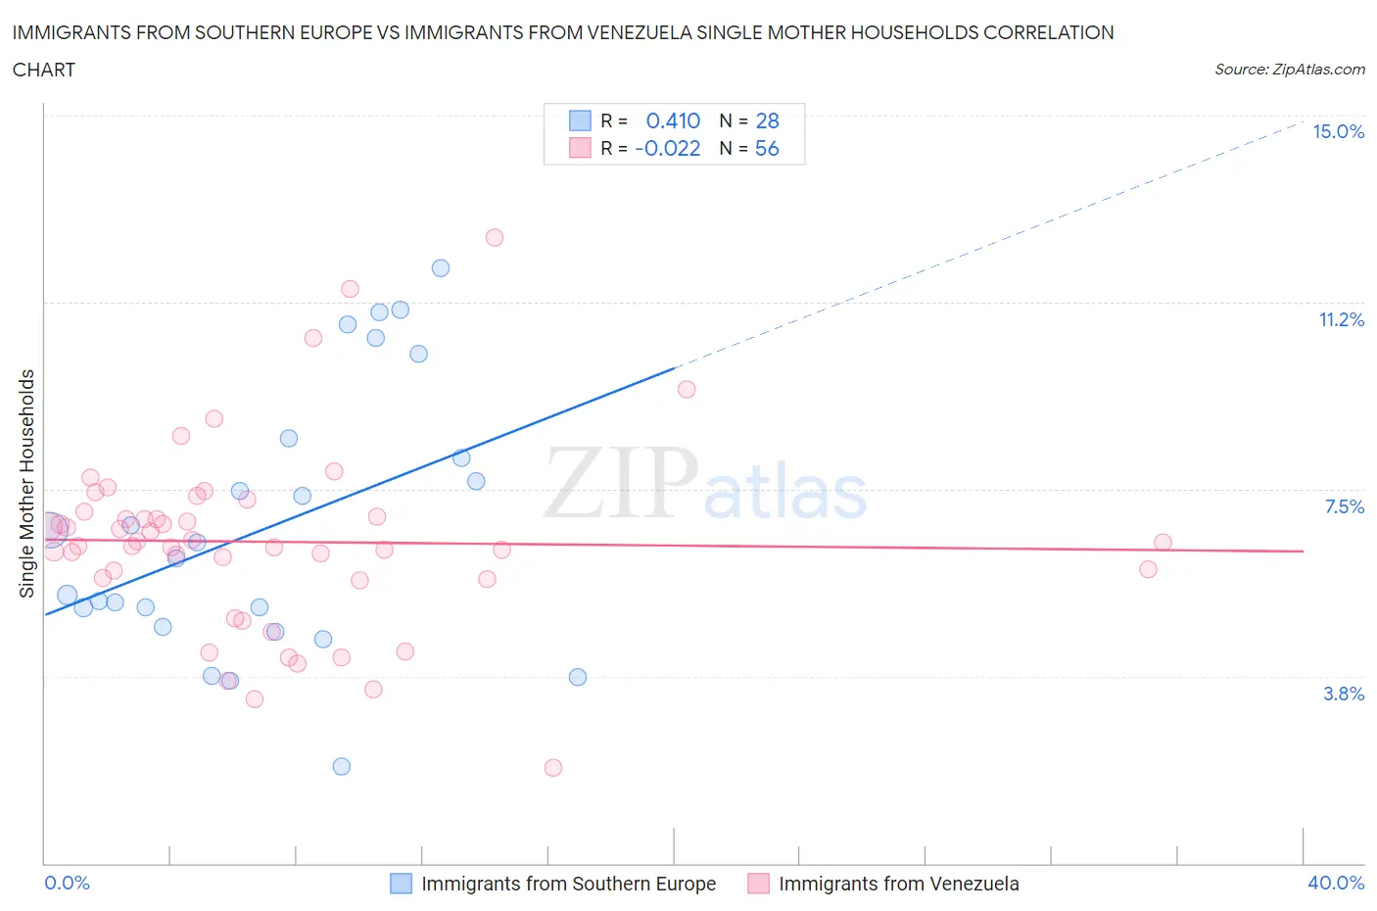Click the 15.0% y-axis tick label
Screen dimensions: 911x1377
click(x=1338, y=132)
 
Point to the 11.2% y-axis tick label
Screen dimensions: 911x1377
click(x=1341, y=320)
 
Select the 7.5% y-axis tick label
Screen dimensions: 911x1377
click(x=1344, y=506)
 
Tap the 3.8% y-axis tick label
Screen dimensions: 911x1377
click(x=1344, y=694)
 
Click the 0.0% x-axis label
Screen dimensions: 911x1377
click(x=68, y=883)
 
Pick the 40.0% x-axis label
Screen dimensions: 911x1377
click(x=1336, y=883)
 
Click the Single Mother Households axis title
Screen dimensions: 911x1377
click(x=27, y=483)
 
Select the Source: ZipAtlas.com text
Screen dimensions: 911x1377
click(x=1289, y=70)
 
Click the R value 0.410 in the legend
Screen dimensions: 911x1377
click(x=673, y=120)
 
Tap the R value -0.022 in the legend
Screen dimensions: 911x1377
click(x=668, y=148)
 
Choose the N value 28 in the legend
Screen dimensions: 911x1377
click(x=767, y=120)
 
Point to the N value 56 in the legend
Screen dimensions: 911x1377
click(x=767, y=148)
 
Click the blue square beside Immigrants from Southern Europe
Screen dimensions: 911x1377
click(x=402, y=884)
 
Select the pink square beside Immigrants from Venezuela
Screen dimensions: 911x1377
click(x=758, y=884)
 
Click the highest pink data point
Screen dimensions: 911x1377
click(x=495, y=237)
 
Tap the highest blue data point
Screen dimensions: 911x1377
click(x=441, y=267)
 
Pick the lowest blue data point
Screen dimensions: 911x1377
click(x=342, y=766)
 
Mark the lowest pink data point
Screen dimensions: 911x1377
click(x=553, y=768)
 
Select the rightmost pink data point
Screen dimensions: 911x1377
click(x=1163, y=542)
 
